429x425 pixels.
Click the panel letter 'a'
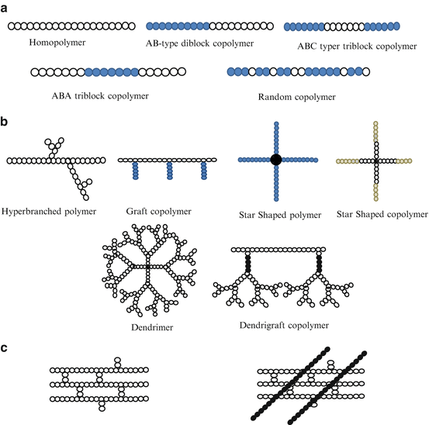5,7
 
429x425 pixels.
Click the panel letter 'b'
5,122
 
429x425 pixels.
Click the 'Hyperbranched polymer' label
51,210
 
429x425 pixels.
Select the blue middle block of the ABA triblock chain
110,72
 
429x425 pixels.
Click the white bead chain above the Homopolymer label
57,26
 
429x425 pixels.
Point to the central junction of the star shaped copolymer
376,161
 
